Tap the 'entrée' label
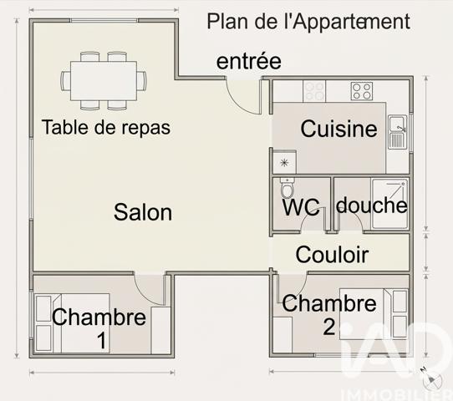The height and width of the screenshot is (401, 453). [248, 61]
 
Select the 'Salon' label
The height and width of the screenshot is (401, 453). [143, 212]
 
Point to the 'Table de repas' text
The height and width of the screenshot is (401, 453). [105, 128]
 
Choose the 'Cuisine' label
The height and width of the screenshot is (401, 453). [338, 129]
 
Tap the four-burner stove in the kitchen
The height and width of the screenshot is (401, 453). [362, 90]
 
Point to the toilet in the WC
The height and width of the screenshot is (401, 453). [287, 187]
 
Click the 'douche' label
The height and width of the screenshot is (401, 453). [371, 206]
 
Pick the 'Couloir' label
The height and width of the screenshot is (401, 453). [332, 255]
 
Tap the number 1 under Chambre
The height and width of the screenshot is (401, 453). [100, 341]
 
